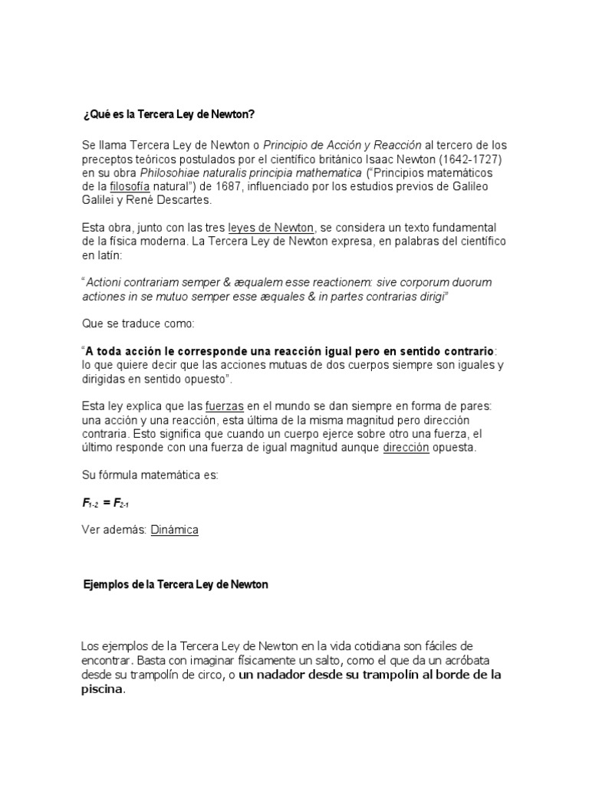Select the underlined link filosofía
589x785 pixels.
pyautogui.click(x=132, y=186)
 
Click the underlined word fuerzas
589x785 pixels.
pyautogui.click(x=224, y=406)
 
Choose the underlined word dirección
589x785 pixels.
pyautogui.click(x=406, y=448)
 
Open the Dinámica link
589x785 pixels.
pyautogui.click(x=175, y=530)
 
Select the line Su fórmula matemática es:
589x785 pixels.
pyautogui.click(x=150, y=475)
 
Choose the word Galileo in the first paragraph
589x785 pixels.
pyautogui.click(x=469, y=186)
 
